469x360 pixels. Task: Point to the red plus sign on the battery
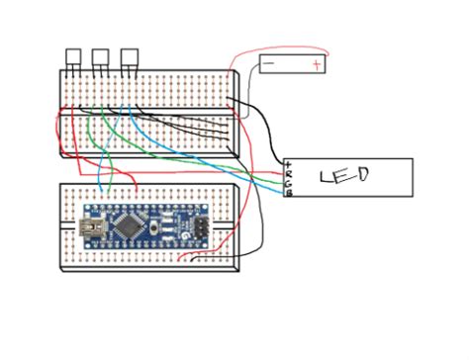(315, 65)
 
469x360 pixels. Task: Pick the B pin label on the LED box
(288, 193)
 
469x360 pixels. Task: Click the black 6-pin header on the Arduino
(199, 227)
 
